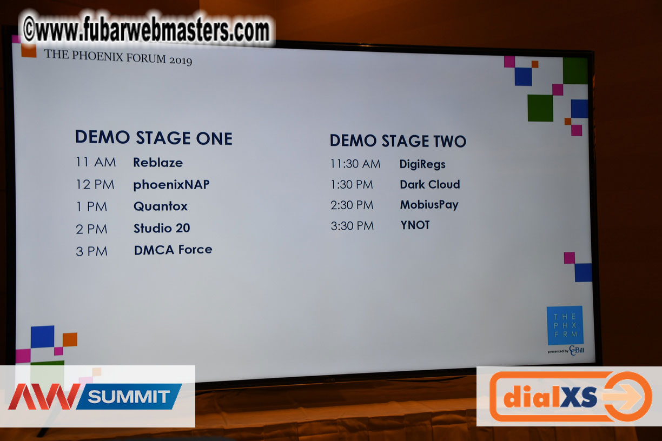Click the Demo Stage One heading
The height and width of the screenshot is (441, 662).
154,138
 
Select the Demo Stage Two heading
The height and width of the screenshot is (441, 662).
398,141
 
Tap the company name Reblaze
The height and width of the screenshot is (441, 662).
158,163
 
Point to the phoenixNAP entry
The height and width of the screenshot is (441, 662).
171,185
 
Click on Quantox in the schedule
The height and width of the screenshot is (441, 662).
161,206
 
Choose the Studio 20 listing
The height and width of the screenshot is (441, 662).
162,228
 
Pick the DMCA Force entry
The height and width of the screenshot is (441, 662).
173,250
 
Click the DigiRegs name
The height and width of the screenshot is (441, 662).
422,164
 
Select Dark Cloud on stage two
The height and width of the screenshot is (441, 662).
430,184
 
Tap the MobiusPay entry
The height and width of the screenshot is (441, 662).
429,205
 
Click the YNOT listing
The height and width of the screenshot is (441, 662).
415,225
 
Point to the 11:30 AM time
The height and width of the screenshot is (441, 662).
355,164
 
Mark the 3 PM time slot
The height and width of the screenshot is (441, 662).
91,251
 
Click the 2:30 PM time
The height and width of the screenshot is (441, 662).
352,205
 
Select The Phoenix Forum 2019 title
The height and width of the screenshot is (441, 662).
118,57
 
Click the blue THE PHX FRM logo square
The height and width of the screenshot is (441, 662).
565,325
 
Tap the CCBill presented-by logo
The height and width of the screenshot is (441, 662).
566,350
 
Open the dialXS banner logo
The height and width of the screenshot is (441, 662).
570,397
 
